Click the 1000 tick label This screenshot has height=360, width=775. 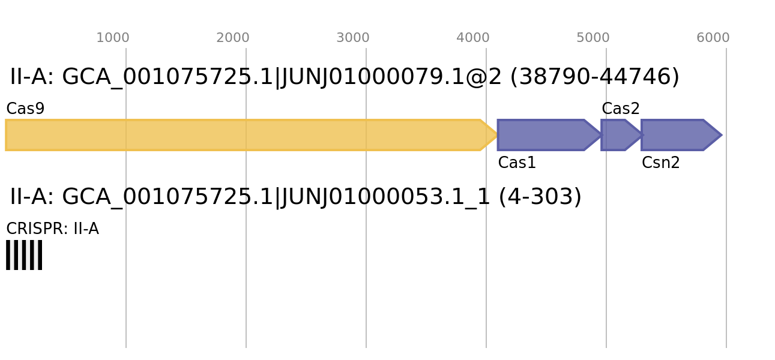click(x=113, y=38)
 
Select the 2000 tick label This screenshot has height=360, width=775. click(x=233, y=38)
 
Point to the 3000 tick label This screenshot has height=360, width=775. click(x=353, y=38)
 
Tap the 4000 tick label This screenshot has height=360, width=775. click(x=473, y=38)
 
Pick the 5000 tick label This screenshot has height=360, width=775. click(x=593, y=38)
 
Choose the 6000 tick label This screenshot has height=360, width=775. click(x=713, y=38)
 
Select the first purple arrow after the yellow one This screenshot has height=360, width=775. click(x=543, y=135)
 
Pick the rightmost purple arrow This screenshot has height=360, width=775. click(x=675, y=135)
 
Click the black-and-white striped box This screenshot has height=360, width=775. click(x=24, y=255)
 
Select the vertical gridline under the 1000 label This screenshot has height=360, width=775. click(x=126, y=270)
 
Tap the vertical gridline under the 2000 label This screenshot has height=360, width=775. click(x=246, y=270)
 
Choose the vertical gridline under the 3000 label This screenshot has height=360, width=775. click(x=366, y=270)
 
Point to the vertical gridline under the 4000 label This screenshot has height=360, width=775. click(x=486, y=270)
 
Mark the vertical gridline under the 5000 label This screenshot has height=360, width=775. click(x=606, y=270)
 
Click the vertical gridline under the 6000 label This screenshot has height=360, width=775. click(x=726, y=270)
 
